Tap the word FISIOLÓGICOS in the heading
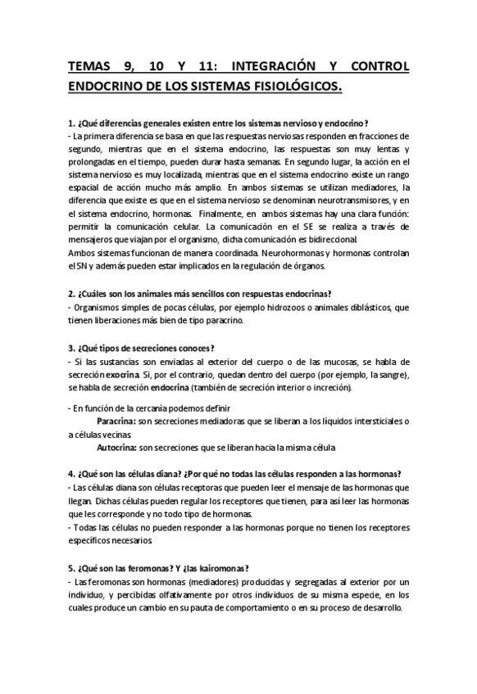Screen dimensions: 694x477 click(x=289, y=86)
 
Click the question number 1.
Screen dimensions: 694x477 click(x=72, y=121)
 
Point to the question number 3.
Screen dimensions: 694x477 click(x=72, y=348)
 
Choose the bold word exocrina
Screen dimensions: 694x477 click(x=121, y=374)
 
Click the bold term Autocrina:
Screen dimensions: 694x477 click(x=116, y=448)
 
